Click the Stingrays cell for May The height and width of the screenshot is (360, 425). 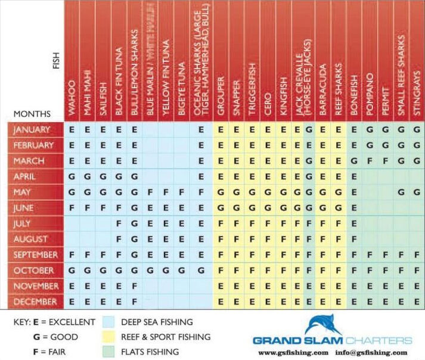pyautogui.click(x=417, y=192)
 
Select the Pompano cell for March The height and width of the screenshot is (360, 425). pyautogui.click(x=370, y=161)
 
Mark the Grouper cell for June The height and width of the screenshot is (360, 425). pyautogui.click(x=221, y=207)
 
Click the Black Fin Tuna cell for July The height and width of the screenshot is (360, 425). pyautogui.click(x=119, y=223)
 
